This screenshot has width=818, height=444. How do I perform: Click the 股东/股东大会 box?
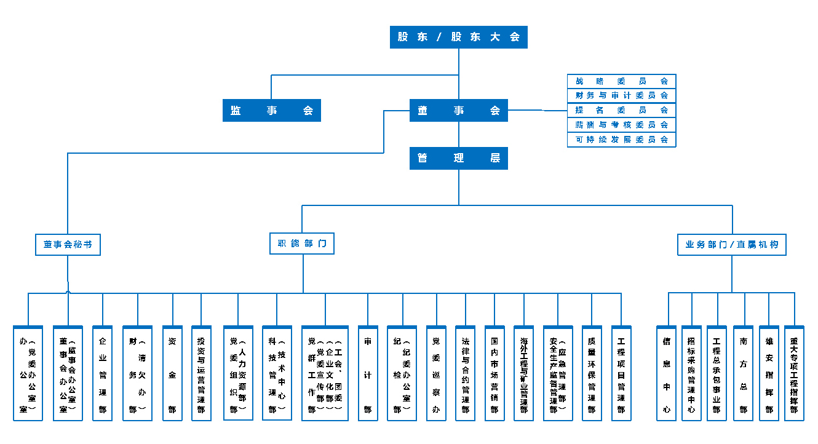(459, 37)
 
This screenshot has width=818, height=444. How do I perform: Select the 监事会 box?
(272, 111)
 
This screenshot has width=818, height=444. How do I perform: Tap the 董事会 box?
(459, 111)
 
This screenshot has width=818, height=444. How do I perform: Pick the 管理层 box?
(459, 158)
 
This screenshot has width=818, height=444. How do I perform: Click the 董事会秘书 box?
(68, 244)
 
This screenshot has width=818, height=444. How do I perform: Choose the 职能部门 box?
(302, 244)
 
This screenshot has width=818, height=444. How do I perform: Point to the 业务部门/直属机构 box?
(732, 244)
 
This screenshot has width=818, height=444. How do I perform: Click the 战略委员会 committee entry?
(621, 81)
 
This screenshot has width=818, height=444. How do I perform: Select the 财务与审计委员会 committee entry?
(621, 95)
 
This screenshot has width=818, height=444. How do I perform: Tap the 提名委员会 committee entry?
(621, 110)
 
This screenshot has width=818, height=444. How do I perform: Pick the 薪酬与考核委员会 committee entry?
(621, 125)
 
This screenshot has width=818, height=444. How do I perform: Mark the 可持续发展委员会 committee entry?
(621, 140)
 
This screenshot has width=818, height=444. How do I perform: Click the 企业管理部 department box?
(103, 373)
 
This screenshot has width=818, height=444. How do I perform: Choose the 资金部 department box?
(173, 373)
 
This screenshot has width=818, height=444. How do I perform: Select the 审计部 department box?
(368, 373)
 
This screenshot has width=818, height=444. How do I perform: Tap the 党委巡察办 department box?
(436, 373)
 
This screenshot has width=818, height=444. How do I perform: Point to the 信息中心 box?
(667, 373)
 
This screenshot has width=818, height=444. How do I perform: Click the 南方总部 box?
(744, 373)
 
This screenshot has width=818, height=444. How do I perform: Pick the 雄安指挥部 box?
(769, 373)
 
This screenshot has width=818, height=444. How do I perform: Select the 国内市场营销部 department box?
(494, 373)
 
